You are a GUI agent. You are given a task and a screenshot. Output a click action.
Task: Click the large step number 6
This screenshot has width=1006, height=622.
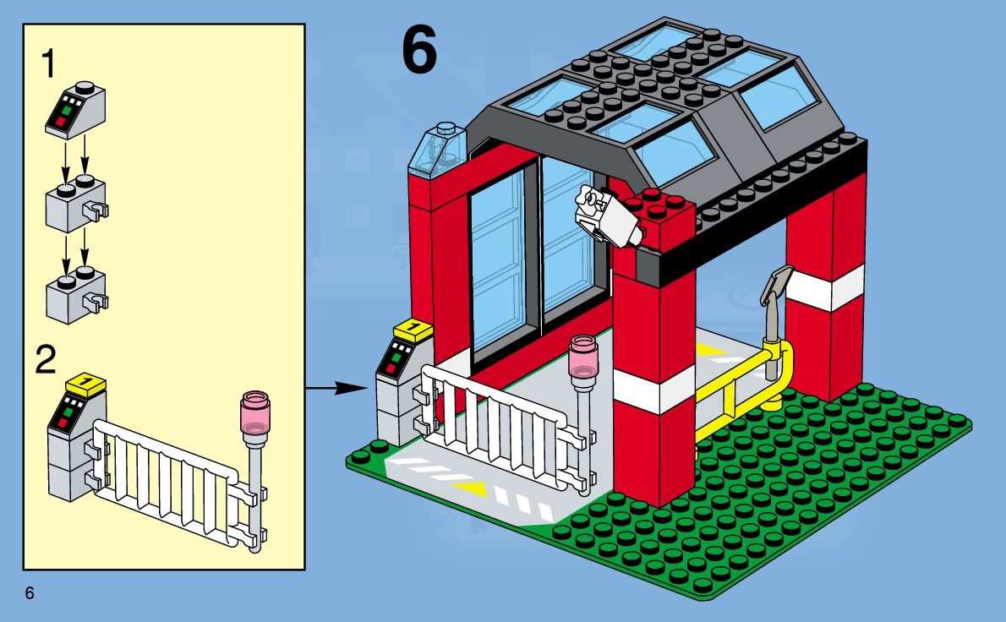click(419, 52)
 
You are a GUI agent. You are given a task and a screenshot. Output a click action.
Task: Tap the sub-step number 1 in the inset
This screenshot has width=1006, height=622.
click(52, 64)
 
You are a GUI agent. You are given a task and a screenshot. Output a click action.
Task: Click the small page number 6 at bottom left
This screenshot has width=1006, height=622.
click(30, 593)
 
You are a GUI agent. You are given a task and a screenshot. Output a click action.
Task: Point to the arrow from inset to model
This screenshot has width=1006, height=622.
click(338, 389)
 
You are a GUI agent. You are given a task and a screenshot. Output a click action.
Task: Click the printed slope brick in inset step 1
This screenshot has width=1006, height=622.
click(74, 109)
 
